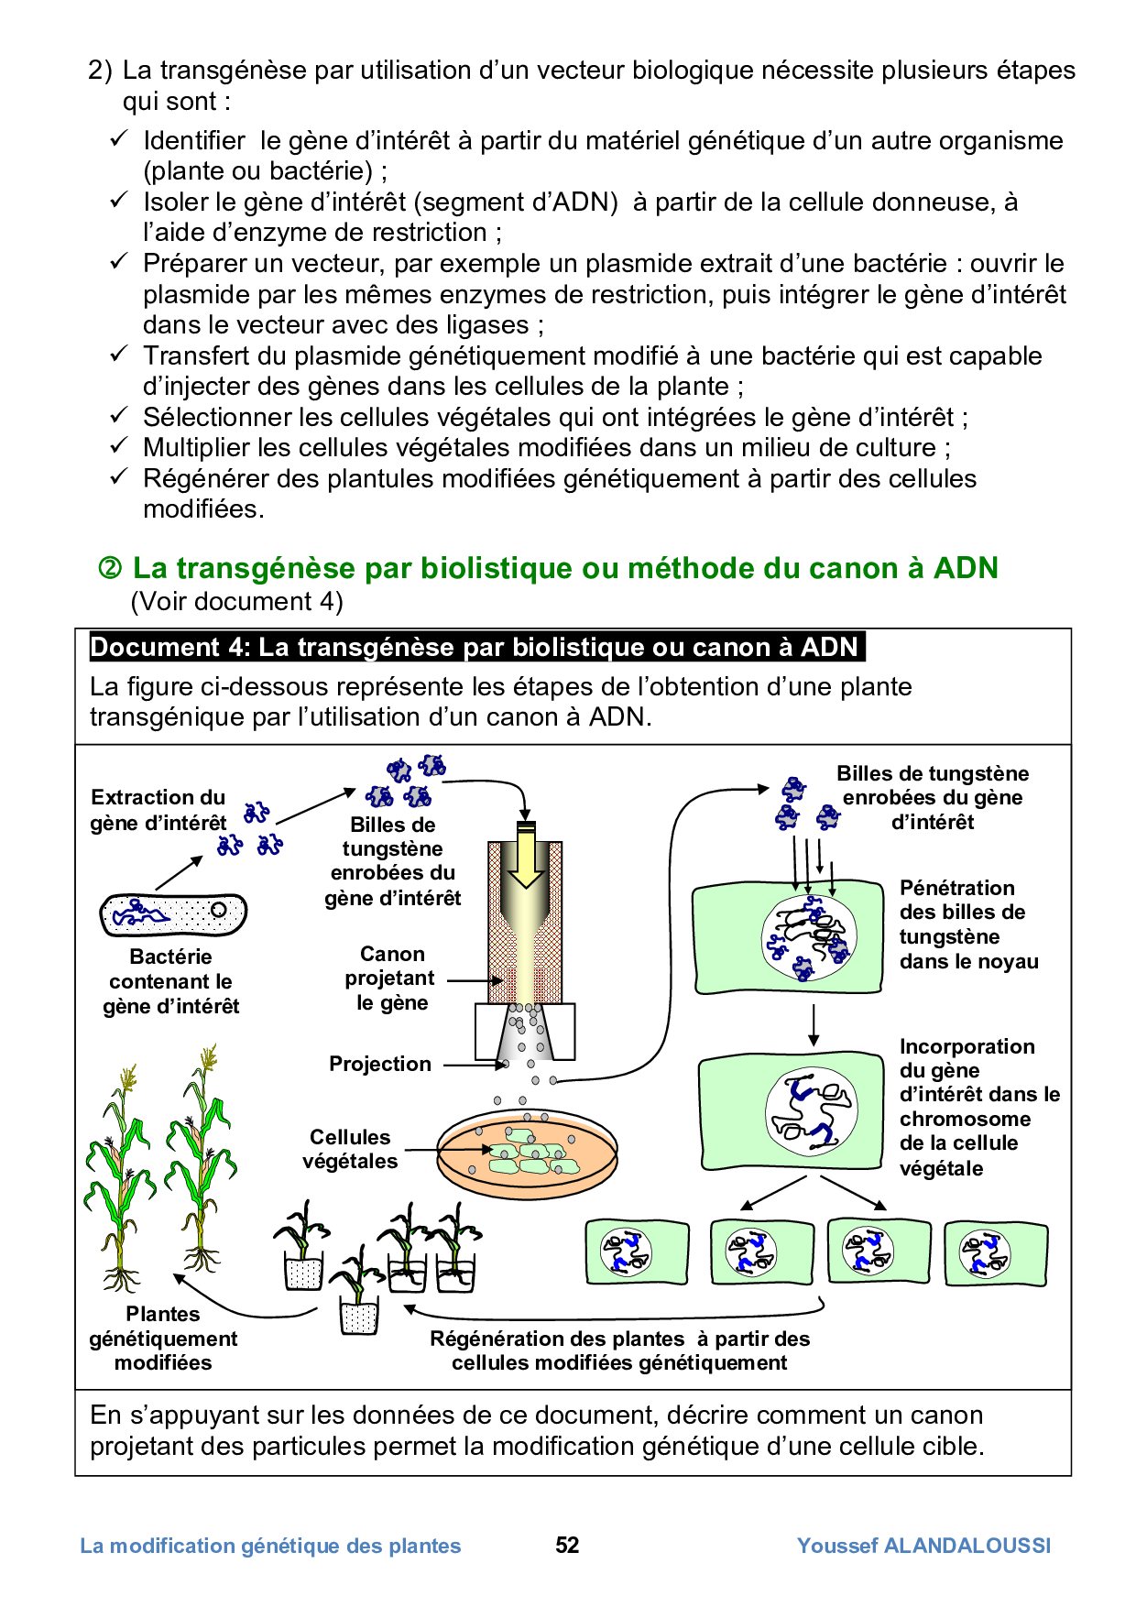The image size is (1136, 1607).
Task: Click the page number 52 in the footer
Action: coord(567,1546)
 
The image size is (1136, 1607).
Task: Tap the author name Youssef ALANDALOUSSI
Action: coord(923,1546)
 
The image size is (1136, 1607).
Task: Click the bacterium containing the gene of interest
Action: coord(172,913)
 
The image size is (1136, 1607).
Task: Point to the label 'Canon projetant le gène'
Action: coord(391,978)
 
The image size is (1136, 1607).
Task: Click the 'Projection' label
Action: coord(379,1064)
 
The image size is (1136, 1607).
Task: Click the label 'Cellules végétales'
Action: coord(350,1149)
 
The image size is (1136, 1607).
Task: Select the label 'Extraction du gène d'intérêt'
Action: coord(158,810)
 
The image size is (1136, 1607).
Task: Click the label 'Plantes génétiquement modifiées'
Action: coord(163,1339)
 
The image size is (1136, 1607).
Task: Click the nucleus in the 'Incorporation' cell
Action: coord(811,1111)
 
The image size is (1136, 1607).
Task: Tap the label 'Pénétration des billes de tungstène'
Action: coord(967,924)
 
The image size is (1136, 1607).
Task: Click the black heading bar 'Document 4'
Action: coord(475,647)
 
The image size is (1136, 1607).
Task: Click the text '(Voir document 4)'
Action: coord(236,601)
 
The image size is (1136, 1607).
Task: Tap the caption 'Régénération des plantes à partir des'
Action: coord(619,1339)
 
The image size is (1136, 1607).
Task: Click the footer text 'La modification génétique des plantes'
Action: coord(270,1546)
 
